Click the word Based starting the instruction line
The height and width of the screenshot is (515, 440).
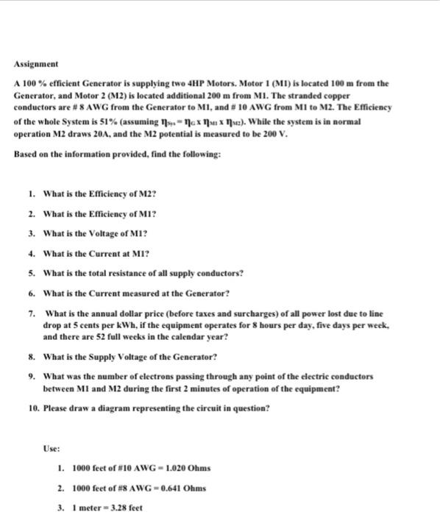26,155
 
